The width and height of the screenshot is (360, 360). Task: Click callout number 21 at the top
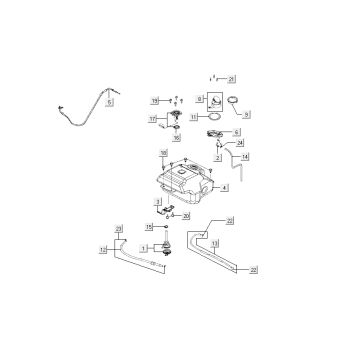[232, 78]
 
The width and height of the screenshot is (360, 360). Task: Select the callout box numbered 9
[246, 115]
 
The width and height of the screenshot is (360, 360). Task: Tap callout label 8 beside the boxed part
[200, 98]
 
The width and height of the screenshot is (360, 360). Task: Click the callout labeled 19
[155, 100]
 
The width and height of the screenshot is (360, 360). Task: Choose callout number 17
[154, 118]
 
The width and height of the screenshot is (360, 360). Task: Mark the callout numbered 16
[176, 139]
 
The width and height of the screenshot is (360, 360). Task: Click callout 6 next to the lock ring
[236, 132]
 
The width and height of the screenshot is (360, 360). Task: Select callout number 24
[240, 143]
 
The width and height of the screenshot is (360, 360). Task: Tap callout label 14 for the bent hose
[246, 158]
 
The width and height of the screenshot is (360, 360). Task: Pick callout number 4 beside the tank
[224, 187]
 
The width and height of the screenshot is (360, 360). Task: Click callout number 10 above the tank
[162, 153]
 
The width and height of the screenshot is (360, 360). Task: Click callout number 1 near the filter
[144, 247]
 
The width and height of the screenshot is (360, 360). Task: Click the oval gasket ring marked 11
[210, 117]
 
